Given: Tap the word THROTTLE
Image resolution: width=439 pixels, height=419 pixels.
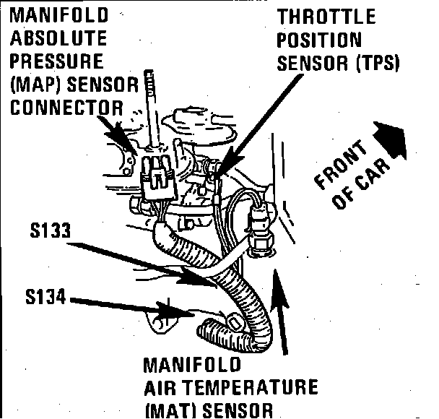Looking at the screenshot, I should coord(327,17).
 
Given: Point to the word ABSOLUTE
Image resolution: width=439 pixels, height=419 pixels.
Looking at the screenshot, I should coord(56,38).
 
